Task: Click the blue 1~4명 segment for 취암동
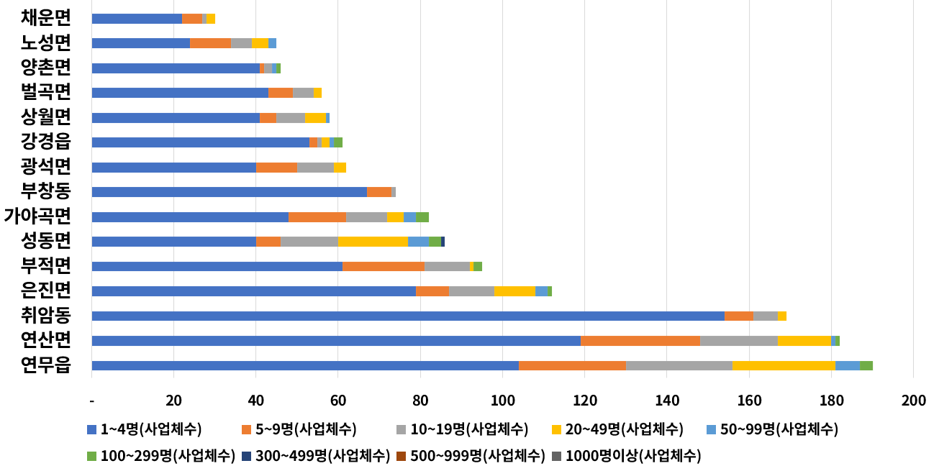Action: click(408, 316)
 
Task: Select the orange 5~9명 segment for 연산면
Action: click(640, 341)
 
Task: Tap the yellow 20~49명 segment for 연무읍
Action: click(784, 365)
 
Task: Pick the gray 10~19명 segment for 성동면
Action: click(309, 242)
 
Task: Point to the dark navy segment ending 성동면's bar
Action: click(443, 242)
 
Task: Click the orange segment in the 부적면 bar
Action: click(384, 266)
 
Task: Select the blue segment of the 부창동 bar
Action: click(229, 192)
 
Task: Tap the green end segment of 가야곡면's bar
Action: click(422, 217)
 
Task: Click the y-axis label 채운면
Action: click(46, 18)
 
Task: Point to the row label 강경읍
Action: click(46, 142)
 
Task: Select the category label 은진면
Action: click(46, 290)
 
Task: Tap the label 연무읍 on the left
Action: click(46, 365)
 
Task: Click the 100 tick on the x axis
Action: click(502, 400)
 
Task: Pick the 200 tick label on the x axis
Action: click(913, 400)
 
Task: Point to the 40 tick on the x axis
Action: click(255, 400)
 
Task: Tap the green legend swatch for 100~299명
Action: click(91, 455)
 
